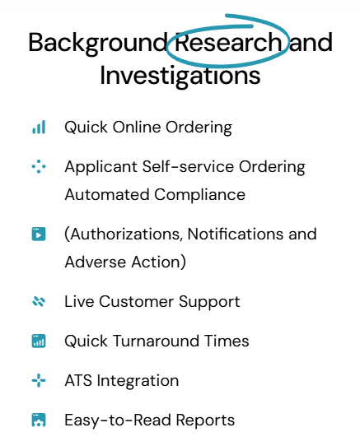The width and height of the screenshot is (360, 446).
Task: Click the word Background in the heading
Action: (x=98, y=44)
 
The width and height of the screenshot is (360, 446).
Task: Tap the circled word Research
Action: (x=228, y=42)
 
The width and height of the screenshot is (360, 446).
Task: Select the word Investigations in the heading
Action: (x=180, y=77)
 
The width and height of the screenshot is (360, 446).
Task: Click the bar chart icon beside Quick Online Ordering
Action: (x=39, y=127)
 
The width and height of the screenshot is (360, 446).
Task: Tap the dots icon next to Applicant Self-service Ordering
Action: (x=39, y=166)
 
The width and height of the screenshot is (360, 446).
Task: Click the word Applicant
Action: (x=101, y=167)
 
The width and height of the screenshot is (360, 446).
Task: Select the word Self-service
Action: (x=188, y=166)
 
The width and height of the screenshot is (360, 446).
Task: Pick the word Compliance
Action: (x=199, y=196)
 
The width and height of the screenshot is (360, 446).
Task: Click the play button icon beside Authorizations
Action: (x=39, y=234)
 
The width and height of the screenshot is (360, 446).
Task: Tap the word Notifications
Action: (x=236, y=234)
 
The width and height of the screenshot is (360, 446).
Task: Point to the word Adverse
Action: (x=96, y=262)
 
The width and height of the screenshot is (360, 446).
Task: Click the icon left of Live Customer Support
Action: (x=39, y=301)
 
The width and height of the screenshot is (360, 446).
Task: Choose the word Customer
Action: (x=136, y=301)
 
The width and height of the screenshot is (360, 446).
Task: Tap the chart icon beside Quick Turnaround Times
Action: (x=39, y=341)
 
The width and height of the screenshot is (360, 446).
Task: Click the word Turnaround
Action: (x=156, y=341)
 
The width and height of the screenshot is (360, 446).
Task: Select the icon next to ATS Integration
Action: (x=39, y=380)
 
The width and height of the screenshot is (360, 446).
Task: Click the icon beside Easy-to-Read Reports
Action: (x=39, y=420)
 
